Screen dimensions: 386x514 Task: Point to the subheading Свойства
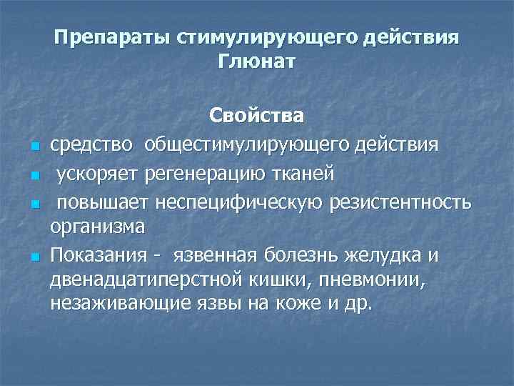coord(256,115)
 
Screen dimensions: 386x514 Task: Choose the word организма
coord(97,227)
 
